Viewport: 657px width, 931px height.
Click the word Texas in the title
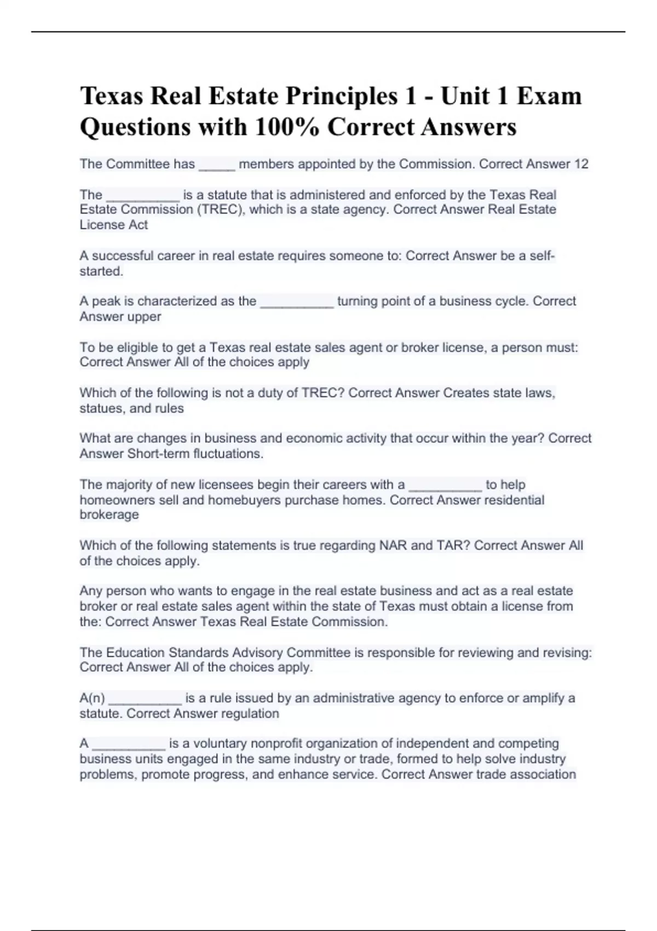pyautogui.click(x=112, y=96)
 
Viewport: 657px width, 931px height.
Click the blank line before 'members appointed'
pyautogui.click(x=217, y=166)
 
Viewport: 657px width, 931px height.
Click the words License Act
pyautogui.click(x=114, y=225)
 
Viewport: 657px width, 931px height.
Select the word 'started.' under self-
pyautogui.click(x=101, y=271)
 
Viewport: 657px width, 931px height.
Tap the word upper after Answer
pyautogui.click(x=144, y=317)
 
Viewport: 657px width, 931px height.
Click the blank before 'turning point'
pyautogui.click(x=297, y=303)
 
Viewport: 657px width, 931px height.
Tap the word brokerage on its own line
pyautogui.click(x=109, y=515)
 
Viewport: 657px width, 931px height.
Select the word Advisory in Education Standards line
pyautogui.click(x=253, y=652)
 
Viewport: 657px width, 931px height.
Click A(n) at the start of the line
pyautogui.click(x=92, y=698)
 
